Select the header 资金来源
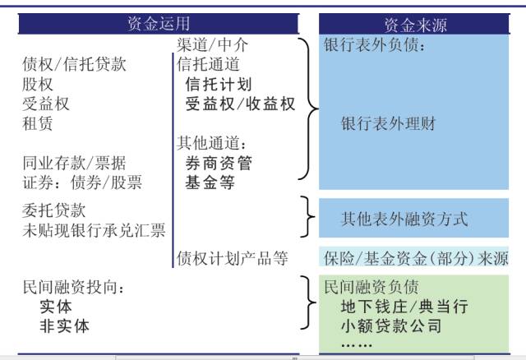415,25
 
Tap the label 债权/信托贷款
75,64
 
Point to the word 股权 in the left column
38,84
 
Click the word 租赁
38,124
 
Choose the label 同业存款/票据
75,163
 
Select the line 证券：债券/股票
82,182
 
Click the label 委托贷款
53,210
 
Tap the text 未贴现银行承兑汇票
94,230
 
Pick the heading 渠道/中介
212,44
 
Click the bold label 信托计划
219,84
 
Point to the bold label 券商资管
219,163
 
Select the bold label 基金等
210,182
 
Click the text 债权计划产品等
233,259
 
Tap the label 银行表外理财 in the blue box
388,124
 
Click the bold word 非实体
64,325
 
